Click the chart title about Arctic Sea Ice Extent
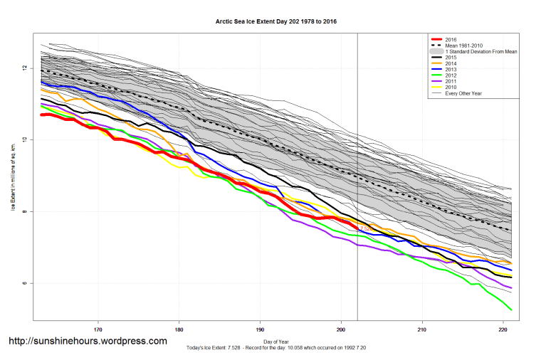point(276,22)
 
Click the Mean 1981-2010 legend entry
point(462,46)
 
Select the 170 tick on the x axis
point(98,329)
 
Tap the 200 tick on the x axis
point(341,329)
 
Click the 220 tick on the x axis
point(503,329)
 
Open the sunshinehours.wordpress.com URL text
point(88,342)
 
